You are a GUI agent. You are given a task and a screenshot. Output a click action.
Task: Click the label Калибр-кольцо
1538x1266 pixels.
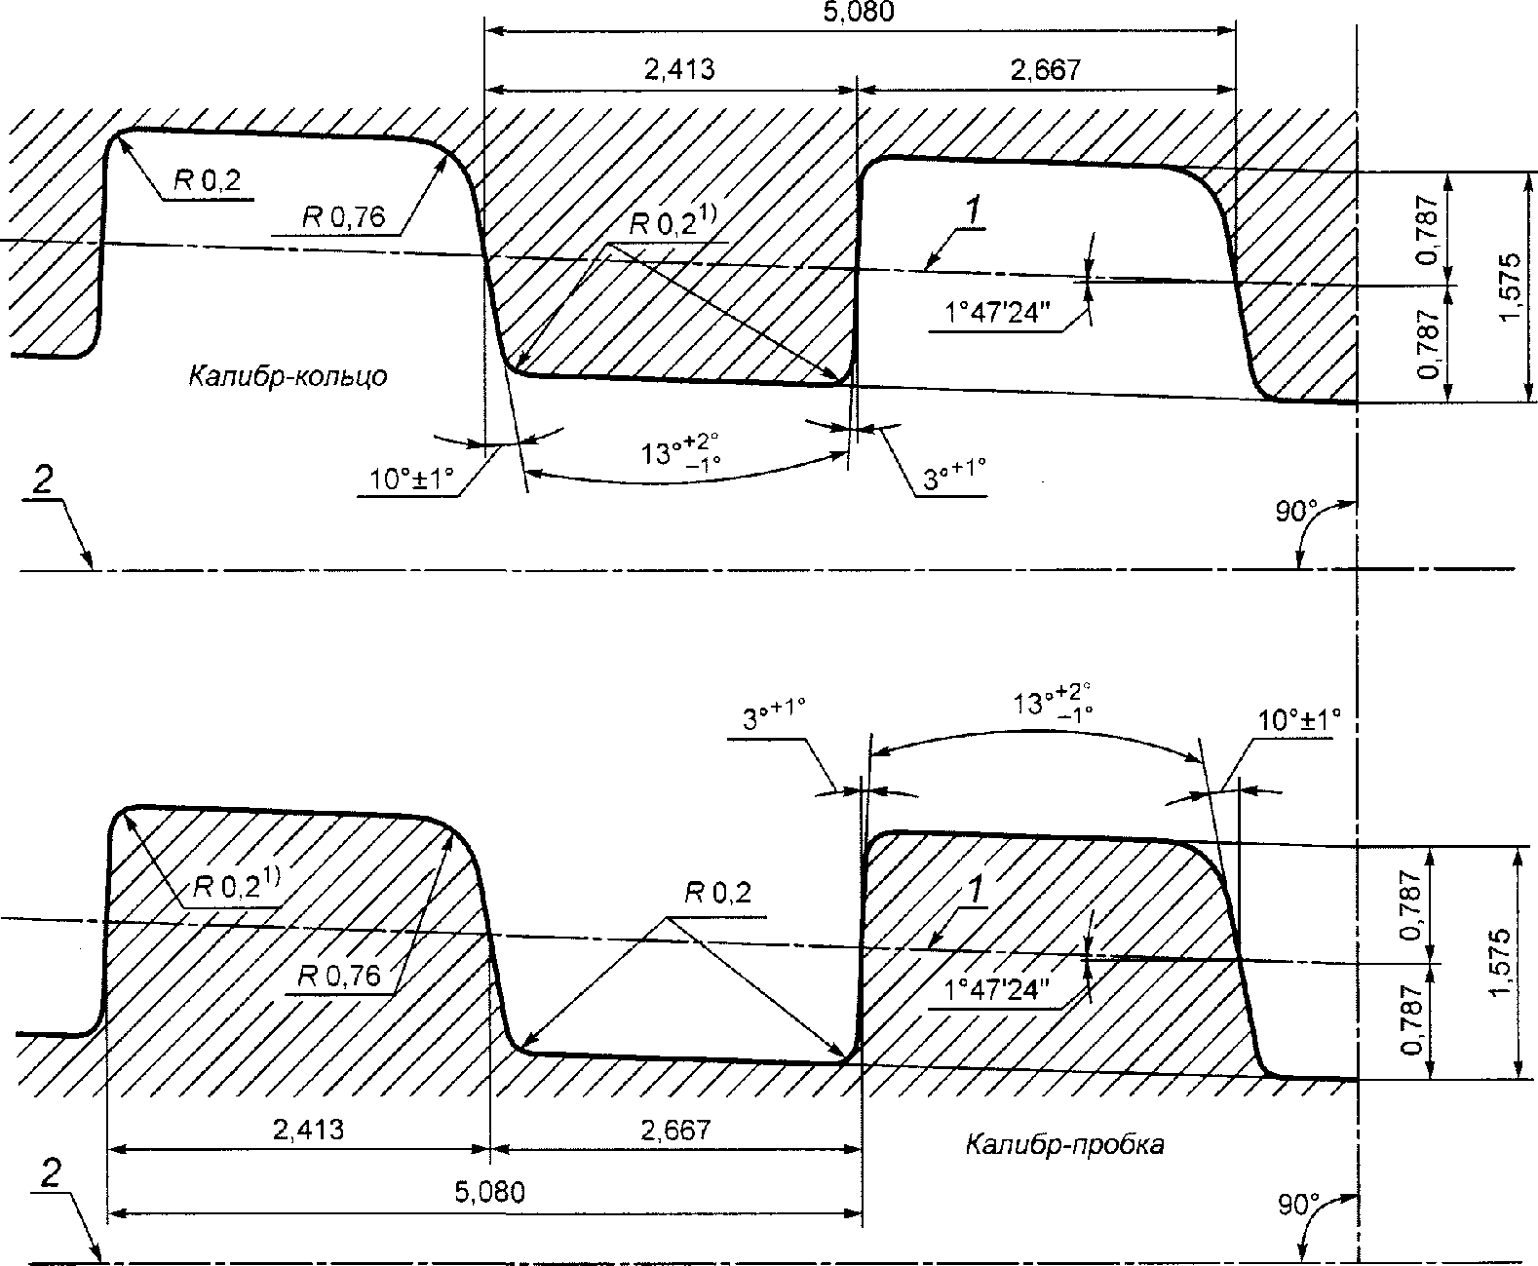[x=288, y=376]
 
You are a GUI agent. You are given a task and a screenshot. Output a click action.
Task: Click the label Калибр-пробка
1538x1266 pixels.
[x=1064, y=1144]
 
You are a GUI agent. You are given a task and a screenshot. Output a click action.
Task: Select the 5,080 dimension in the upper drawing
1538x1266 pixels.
[x=859, y=13]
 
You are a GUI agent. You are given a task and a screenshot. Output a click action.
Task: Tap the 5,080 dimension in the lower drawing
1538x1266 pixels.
[x=489, y=1192]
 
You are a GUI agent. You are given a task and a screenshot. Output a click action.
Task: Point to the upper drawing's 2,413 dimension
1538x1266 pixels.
[x=679, y=69]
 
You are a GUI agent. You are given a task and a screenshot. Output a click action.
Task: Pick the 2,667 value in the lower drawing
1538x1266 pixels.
[x=675, y=1130]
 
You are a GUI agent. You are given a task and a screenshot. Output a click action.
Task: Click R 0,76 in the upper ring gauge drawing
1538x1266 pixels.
[x=343, y=216]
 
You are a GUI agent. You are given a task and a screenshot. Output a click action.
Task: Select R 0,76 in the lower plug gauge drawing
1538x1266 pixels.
[x=339, y=976]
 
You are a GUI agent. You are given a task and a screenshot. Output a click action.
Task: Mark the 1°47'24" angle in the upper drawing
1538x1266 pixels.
[x=997, y=313]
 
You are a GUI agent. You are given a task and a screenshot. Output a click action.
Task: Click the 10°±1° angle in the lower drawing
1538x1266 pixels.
[x=1299, y=720]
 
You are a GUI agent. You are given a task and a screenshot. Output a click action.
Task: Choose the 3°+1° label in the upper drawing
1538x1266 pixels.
[x=954, y=474]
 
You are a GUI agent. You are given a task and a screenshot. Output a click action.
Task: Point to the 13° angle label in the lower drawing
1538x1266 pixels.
[x=1052, y=701]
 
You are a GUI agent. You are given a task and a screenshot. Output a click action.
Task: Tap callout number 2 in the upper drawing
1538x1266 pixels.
[x=42, y=480]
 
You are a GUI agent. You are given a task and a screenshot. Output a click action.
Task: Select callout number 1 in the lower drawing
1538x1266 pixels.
[x=975, y=890]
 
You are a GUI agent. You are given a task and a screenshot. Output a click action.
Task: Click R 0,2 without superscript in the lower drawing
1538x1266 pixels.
[x=717, y=893]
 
